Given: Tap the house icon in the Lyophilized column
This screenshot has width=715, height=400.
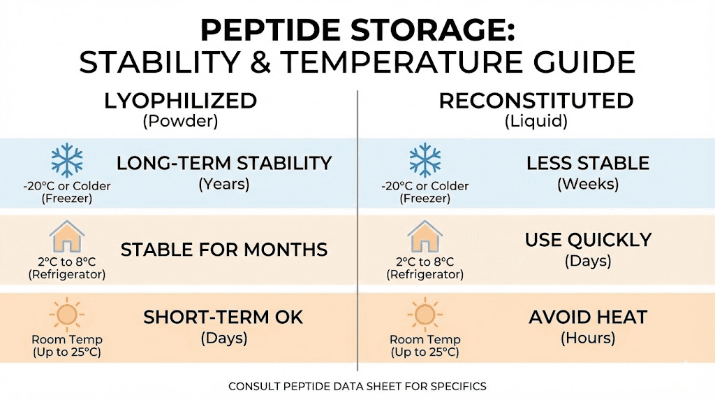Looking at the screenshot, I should pyautogui.click(x=67, y=238).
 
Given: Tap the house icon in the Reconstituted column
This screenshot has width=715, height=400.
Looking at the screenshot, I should pyautogui.click(x=425, y=238).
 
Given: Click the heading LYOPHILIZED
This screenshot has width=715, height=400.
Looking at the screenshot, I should pyautogui.click(x=180, y=101).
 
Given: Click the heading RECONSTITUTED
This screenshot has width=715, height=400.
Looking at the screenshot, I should pyautogui.click(x=536, y=101).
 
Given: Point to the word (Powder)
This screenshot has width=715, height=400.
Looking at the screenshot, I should pyautogui.click(x=180, y=121).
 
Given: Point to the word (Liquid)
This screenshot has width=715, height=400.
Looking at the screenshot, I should pyautogui.click(x=536, y=121).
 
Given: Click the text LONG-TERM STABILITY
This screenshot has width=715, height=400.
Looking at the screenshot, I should pyautogui.click(x=223, y=164).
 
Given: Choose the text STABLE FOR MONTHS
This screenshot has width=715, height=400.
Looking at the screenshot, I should pyautogui.click(x=223, y=250).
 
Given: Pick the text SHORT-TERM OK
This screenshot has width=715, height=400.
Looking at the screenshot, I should pyautogui.click(x=223, y=317).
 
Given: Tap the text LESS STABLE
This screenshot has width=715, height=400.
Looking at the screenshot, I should pyautogui.click(x=587, y=164).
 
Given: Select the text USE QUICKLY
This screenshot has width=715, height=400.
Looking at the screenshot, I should pyautogui.click(x=587, y=240).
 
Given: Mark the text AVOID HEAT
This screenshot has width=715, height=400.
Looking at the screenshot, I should pyautogui.click(x=587, y=317).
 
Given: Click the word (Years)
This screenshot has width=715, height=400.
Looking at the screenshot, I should pyautogui.click(x=223, y=185).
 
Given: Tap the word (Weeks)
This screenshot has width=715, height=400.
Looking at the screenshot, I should pyautogui.click(x=587, y=185).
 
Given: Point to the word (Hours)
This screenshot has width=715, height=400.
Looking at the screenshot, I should pyautogui.click(x=587, y=338).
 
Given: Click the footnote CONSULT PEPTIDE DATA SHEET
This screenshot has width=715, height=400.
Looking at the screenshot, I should pyautogui.click(x=357, y=386).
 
